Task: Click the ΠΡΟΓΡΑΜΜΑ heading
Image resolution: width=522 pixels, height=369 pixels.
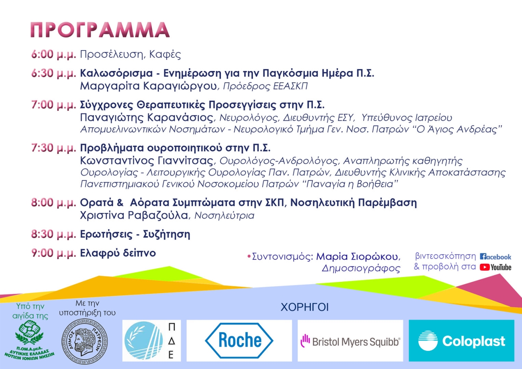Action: (100, 30)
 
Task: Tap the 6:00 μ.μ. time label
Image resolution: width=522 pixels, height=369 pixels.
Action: (54, 55)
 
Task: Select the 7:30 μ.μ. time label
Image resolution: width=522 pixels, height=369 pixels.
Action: (54, 148)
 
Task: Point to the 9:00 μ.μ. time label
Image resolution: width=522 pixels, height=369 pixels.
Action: (54, 253)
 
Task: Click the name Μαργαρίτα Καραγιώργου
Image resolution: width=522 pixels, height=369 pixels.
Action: (149, 86)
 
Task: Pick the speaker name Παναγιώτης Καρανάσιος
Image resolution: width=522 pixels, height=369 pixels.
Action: (147, 118)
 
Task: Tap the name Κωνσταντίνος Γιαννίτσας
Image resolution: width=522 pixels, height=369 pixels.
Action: (147, 161)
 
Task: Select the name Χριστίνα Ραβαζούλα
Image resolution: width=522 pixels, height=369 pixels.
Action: (134, 215)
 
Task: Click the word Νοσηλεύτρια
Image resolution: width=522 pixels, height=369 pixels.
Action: (224, 216)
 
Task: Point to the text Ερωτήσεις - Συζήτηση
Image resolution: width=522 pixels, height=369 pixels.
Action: (135, 234)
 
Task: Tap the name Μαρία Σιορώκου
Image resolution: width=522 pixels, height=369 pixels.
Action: (357, 257)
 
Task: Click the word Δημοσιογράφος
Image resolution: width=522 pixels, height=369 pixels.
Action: (361, 268)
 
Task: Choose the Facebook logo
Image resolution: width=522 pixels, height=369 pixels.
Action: (495, 257)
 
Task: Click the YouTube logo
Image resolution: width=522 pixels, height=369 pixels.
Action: (495, 267)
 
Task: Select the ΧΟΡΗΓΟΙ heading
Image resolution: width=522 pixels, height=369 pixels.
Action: (305, 308)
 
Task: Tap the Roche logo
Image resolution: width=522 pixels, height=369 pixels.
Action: (239, 340)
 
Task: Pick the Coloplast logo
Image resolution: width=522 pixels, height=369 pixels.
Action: (461, 341)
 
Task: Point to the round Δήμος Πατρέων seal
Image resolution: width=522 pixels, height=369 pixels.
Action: (85, 342)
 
